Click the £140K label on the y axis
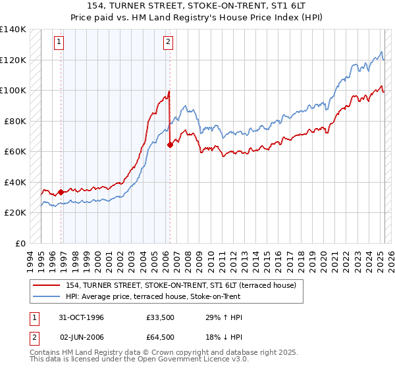pyautogui.click(x=13, y=30)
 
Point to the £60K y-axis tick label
pyautogui.click(x=15, y=152)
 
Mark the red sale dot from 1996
pyautogui.click(x=61, y=192)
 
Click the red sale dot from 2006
pyautogui.click(x=170, y=145)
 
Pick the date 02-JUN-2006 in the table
pyautogui.click(x=81, y=337)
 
